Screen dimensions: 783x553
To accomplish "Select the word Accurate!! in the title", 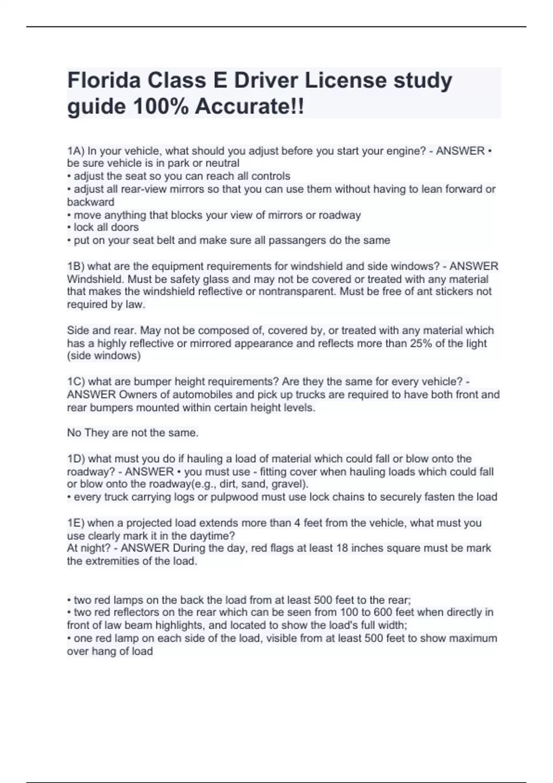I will [x=249, y=107].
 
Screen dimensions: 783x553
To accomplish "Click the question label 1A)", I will [x=76, y=151].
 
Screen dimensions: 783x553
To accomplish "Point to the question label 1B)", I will [x=76, y=266].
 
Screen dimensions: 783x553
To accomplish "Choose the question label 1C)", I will [x=76, y=382].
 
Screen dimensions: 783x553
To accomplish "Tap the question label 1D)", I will [x=76, y=459].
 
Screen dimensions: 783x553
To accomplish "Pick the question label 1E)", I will [x=76, y=523].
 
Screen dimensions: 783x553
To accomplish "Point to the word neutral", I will [x=223, y=164].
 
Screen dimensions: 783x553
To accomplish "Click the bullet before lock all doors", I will [x=69, y=228].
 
